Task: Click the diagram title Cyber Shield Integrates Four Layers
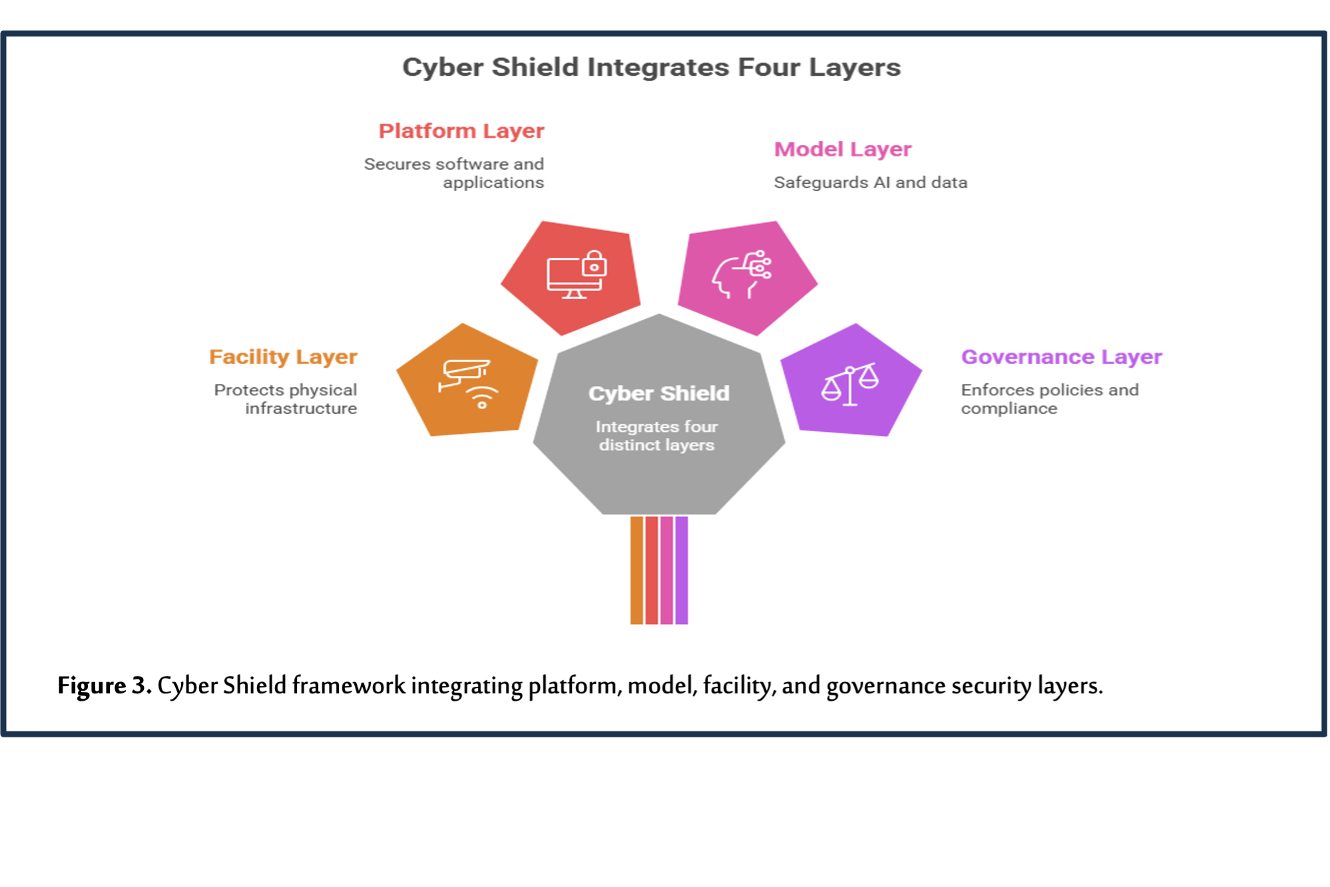tap(651, 68)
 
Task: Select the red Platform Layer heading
tap(461, 132)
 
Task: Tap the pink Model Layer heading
tap(842, 150)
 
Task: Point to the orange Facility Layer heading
tap(284, 357)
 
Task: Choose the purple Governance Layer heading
tap(1061, 357)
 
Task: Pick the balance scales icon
tap(849, 385)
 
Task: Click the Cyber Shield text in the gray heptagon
tap(658, 393)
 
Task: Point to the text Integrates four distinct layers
tap(657, 436)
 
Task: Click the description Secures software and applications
tap(455, 173)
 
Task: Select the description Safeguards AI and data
tap(869, 183)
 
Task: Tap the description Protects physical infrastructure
tap(286, 399)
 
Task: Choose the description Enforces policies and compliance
tap(1048, 399)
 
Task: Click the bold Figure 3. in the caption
tap(104, 686)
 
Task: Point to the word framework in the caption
tap(348, 686)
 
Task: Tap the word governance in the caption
tap(885, 686)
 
